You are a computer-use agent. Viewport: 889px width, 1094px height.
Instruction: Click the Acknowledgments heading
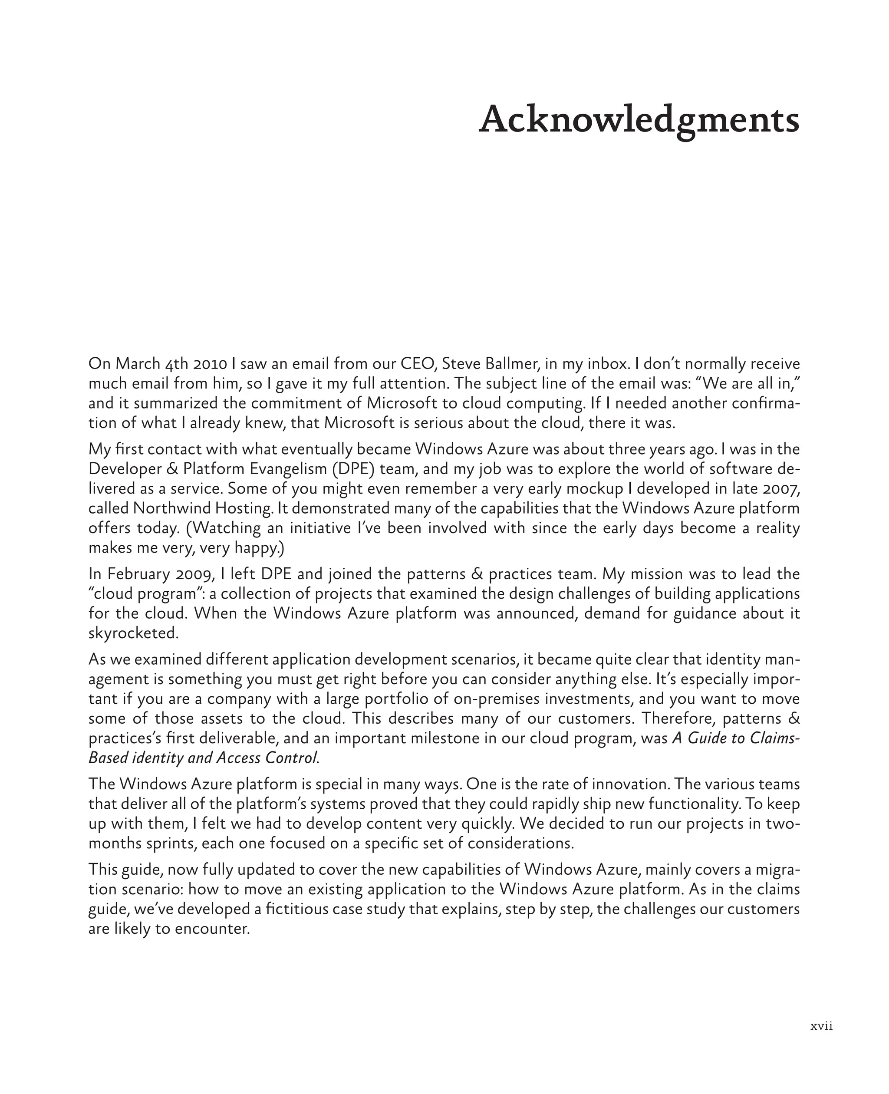639,120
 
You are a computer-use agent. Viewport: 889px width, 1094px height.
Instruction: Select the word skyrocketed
134,633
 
